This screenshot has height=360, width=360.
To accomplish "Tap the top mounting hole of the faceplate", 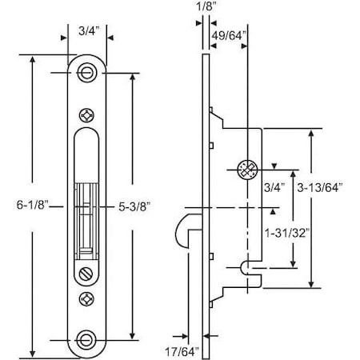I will pos(86,73).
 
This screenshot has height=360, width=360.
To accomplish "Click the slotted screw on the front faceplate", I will pos(86,274).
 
